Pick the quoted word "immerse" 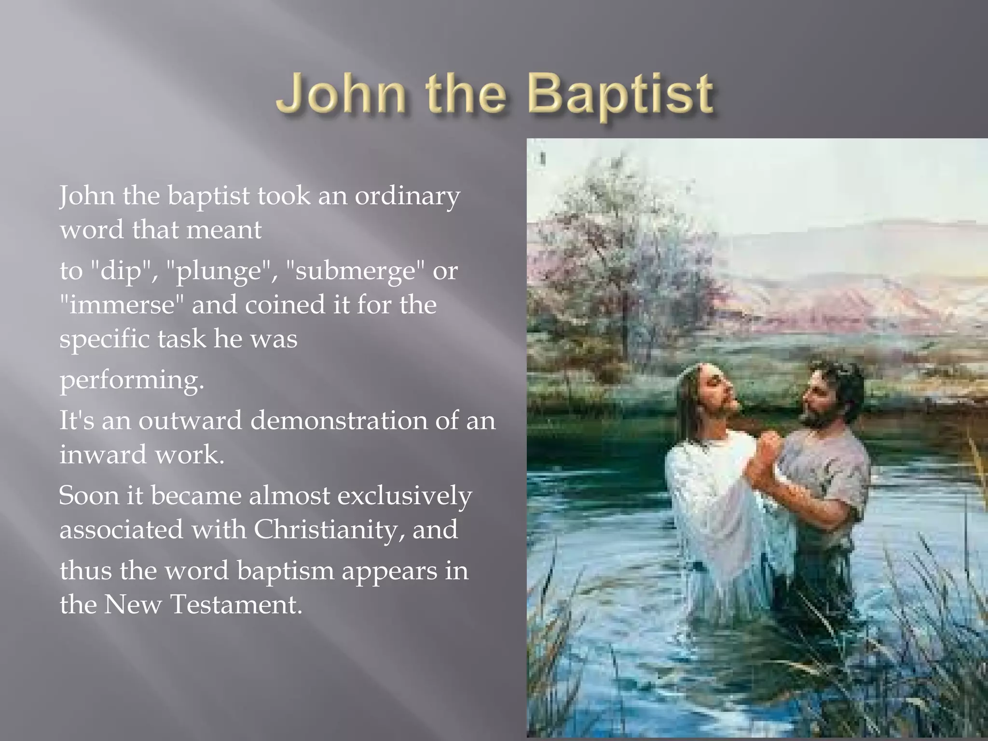123,305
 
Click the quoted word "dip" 121,271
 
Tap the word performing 132,380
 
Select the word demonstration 339,421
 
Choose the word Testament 236,604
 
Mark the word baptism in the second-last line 286,571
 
